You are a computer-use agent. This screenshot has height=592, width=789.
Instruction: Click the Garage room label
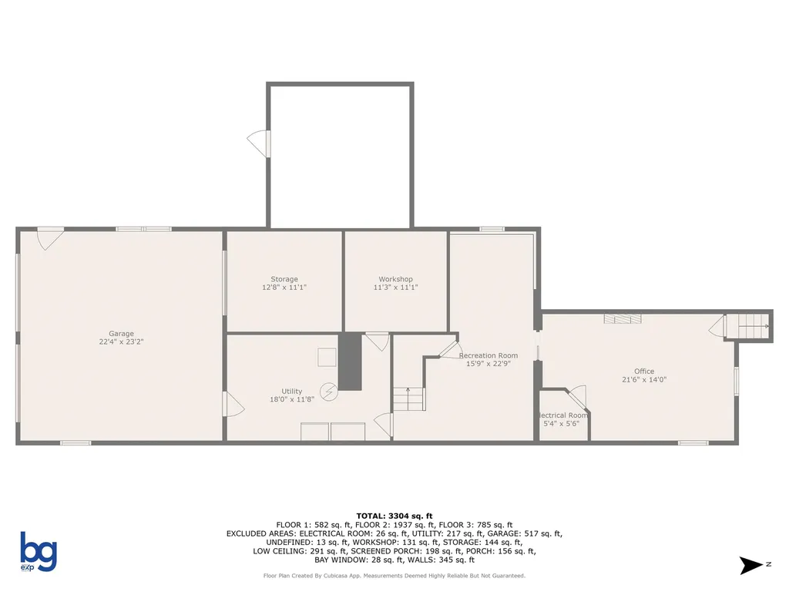tap(121, 334)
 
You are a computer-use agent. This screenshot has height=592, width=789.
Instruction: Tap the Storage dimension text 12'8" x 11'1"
tap(284, 288)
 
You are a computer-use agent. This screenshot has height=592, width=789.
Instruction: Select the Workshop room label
tap(395, 279)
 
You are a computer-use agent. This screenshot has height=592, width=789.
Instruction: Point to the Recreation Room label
tap(489, 355)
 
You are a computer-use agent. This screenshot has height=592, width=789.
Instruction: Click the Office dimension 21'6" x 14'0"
tap(644, 379)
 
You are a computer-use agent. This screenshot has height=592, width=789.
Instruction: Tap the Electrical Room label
tap(563, 415)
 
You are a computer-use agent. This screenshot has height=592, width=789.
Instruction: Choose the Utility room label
tap(291, 391)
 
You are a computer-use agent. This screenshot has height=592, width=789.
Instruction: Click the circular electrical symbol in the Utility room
tap(329, 392)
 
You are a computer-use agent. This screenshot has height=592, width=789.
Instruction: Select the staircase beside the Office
tap(753, 327)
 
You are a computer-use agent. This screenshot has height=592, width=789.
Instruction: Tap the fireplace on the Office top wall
tap(623, 318)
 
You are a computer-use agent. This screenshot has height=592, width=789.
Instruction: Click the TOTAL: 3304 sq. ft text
tap(394, 516)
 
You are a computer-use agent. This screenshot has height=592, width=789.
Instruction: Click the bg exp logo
tap(38, 552)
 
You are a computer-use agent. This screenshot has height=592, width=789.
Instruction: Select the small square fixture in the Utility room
tap(327, 357)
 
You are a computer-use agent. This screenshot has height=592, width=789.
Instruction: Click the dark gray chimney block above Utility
tap(351, 362)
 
